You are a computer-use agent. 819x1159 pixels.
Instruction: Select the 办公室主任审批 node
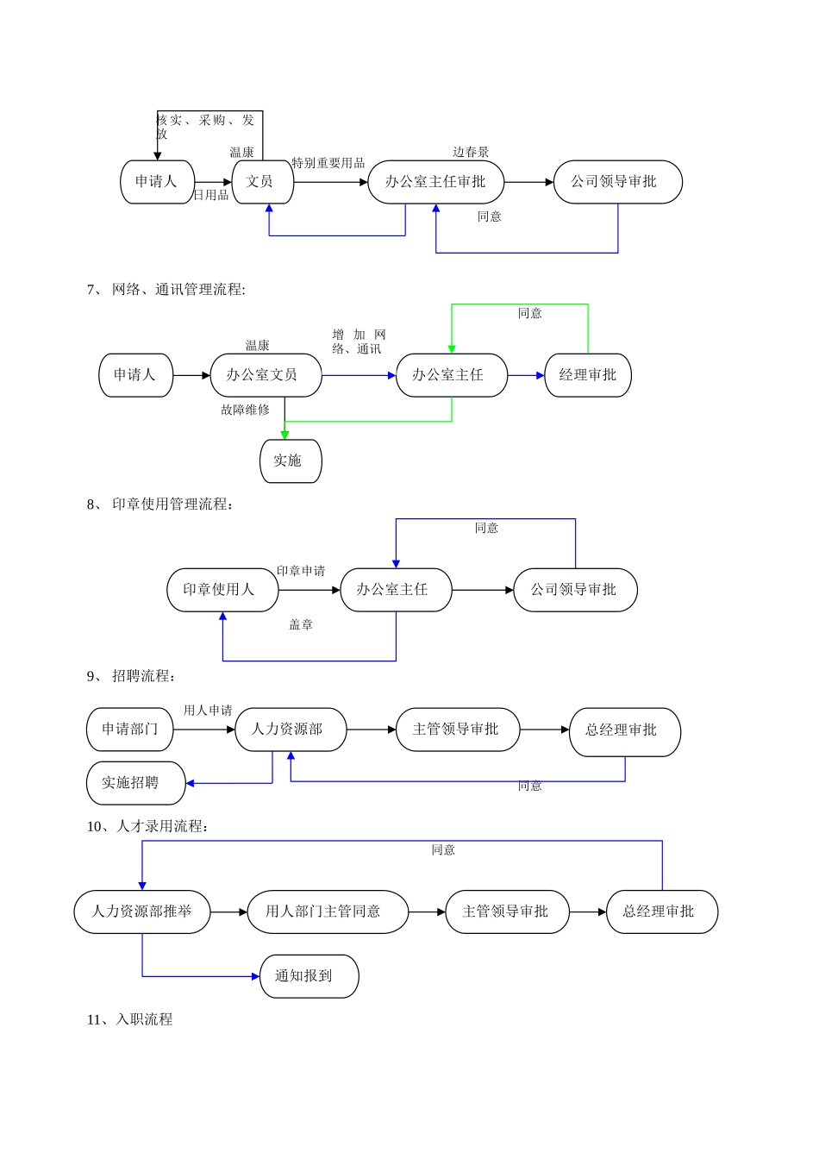click(435, 182)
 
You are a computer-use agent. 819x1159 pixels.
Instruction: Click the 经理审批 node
click(588, 375)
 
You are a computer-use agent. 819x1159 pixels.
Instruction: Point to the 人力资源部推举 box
click(142, 912)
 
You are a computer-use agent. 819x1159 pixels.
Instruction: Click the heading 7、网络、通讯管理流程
click(166, 290)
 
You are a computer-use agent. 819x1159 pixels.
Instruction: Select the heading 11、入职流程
click(129, 1019)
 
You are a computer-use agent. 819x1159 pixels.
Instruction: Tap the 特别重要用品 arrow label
click(328, 163)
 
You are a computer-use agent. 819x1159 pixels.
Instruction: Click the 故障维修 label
click(245, 410)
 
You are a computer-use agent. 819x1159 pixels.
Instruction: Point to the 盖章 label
click(301, 625)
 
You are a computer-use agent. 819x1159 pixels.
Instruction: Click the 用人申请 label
click(208, 711)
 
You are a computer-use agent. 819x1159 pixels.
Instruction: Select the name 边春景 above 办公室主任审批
click(471, 153)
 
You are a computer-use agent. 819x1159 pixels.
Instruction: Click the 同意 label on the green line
click(530, 314)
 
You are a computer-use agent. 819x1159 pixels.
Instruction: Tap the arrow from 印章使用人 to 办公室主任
click(309, 590)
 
